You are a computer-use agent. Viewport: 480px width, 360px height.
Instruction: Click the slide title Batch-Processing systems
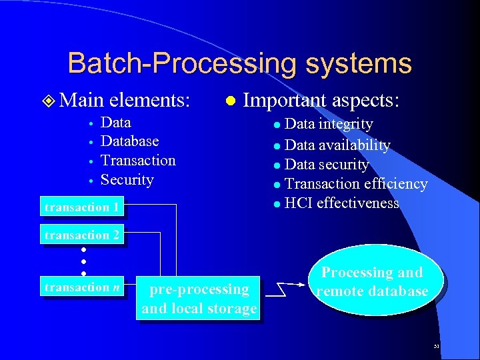click(x=239, y=63)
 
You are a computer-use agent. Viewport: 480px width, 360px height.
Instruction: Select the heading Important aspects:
click(x=321, y=100)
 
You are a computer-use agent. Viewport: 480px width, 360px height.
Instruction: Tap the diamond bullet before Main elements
click(x=48, y=101)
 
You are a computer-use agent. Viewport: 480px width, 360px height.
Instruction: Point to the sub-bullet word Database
click(x=129, y=141)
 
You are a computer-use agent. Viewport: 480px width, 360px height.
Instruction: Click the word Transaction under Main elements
click(x=138, y=161)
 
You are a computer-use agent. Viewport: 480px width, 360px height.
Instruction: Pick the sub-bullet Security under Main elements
click(x=127, y=180)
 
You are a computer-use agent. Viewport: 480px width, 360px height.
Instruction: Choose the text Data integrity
click(x=329, y=124)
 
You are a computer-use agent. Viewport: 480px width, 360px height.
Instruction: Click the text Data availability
click(x=337, y=145)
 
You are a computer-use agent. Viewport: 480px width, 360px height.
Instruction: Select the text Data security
click(x=327, y=165)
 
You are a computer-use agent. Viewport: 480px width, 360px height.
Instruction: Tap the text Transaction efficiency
click(x=356, y=184)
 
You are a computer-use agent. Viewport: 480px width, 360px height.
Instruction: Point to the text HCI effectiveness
click(x=341, y=203)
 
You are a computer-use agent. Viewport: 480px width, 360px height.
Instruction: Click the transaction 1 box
click(x=82, y=207)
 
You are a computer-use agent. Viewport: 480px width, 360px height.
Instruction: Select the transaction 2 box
click(x=82, y=235)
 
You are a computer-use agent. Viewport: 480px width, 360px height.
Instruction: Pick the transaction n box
click(x=83, y=287)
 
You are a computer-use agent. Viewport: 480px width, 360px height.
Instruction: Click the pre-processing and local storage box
click(x=199, y=299)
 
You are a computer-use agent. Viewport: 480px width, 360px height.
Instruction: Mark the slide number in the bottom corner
click(x=435, y=347)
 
